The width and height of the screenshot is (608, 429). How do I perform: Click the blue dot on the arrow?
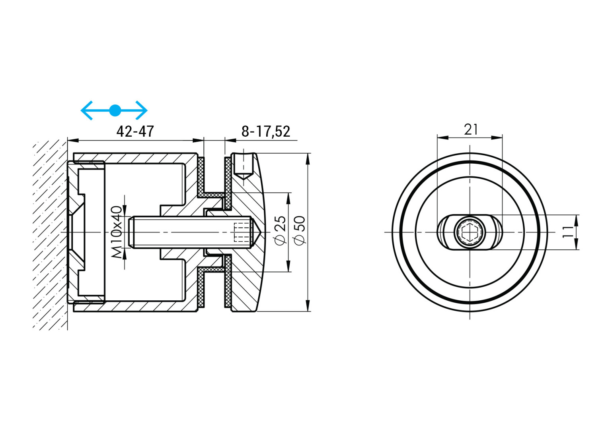pyautogui.click(x=115, y=110)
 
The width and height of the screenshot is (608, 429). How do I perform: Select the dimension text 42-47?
pyautogui.click(x=135, y=131)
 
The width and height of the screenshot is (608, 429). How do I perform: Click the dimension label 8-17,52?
pyautogui.click(x=266, y=131)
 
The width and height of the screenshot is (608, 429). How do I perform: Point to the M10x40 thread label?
pyautogui.click(x=117, y=232)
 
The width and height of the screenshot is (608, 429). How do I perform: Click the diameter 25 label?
pyautogui.click(x=281, y=230)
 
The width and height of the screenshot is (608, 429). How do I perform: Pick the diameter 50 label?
pyautogui.click(x=299, y=230)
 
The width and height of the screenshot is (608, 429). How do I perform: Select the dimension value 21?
pyautogui.click(x=471, y=129)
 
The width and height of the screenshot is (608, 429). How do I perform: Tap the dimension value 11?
pyautogui.click(x=569, y=232)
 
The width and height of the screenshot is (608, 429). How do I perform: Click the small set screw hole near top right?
pyautogui.click(x=243, y=165)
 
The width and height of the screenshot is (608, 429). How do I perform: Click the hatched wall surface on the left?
pyautogui.click(x=50, y=234)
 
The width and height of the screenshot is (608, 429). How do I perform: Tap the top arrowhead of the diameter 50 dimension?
pyautogui.click(x=308, y=158)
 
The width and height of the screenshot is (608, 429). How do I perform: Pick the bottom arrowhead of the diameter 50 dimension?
pyautogui.click(x=308, y=306)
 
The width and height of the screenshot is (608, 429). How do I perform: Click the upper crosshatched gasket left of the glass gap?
pyautogui.click(x=201, y=175)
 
